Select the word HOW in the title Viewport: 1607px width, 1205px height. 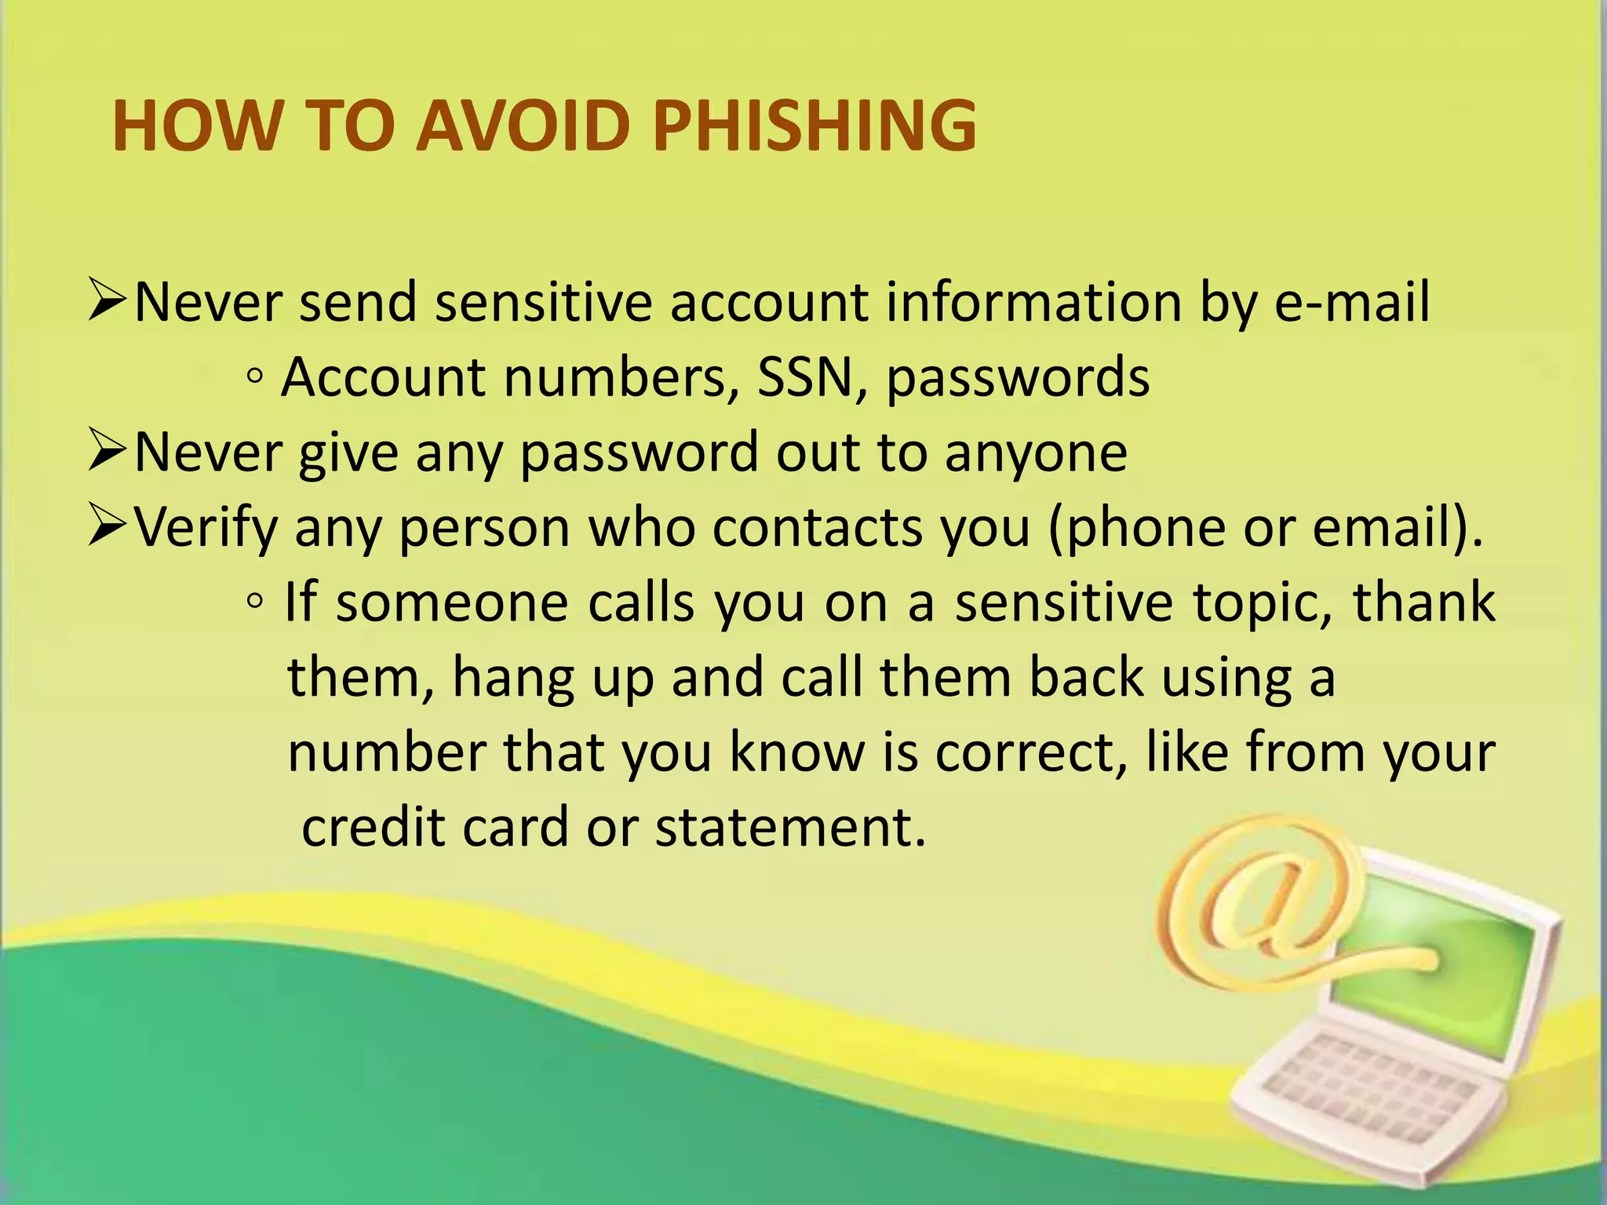[x=196, y=126]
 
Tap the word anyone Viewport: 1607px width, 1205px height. [x=1036, y=454]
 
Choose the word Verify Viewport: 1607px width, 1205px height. [x=206, y=528]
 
